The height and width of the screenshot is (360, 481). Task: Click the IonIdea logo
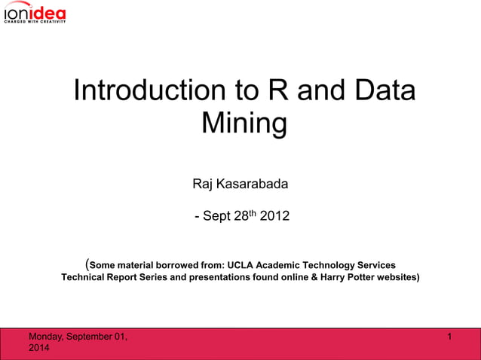(x=35, y=12)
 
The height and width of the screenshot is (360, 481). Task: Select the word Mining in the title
(x=244, y=123)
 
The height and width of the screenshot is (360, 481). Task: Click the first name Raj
(x=204, y=185)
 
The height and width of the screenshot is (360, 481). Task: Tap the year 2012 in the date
(x=274, y=217)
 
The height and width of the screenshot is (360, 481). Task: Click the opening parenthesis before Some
(x=87, y=264)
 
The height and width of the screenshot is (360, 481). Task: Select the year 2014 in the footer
(x=38, y=349)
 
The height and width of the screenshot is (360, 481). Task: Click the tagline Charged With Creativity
(x=35, y=21)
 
